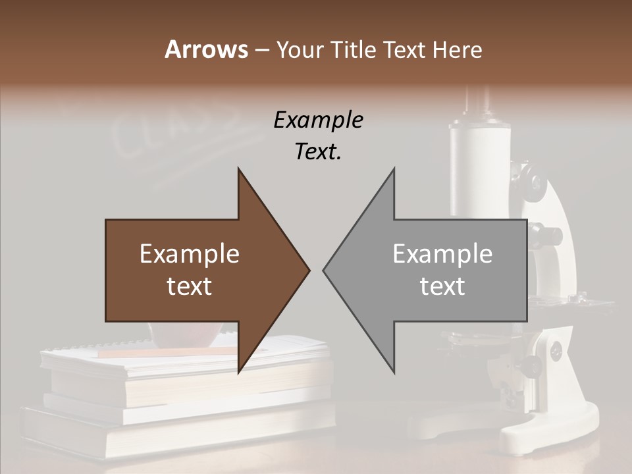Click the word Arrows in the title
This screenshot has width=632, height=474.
click(x=206, y=49)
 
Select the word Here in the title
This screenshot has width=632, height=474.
click(x=457, y=49)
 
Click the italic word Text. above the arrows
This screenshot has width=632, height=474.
click(x=318, y=152)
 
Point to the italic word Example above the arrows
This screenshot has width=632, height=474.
click(x=318, y=120)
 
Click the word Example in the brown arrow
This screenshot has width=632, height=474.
click(x=189, y=254)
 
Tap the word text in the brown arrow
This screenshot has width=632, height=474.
click(x=189, y=286)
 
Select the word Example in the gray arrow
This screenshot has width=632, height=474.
click(x=442, y=254)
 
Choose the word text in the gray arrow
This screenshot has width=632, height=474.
click(x=442, y=286)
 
